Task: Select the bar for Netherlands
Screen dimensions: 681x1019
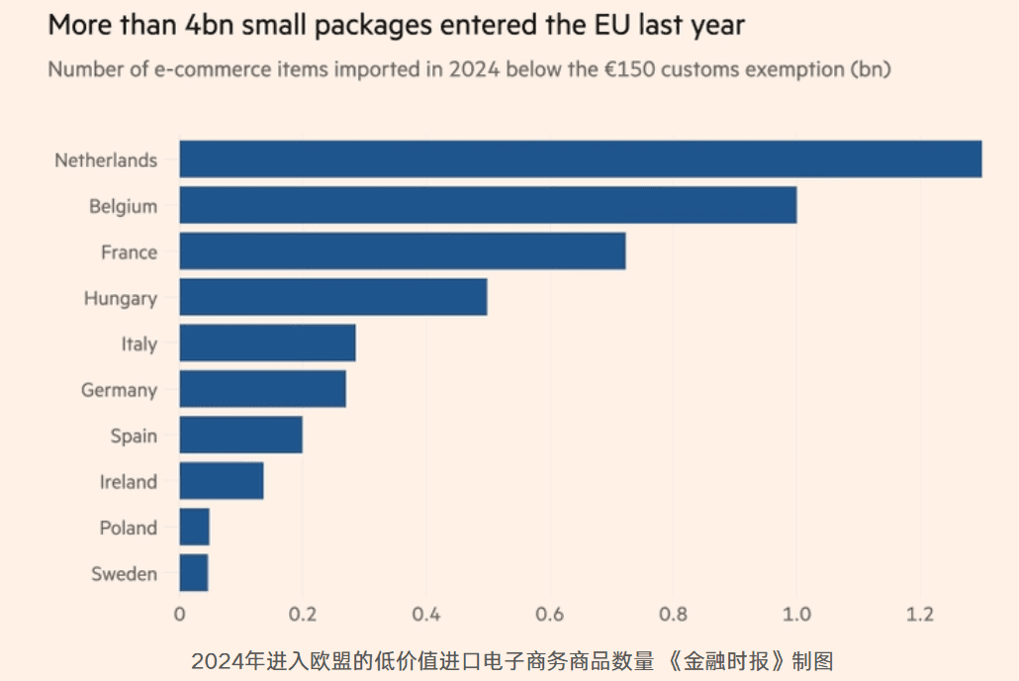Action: coord(581,159)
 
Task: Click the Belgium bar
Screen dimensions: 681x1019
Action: coord(488,206)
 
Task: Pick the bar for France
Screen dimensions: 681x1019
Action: coord(403,251)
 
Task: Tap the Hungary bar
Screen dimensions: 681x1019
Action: coord(333,298)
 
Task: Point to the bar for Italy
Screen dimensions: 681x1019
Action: coord(267,343)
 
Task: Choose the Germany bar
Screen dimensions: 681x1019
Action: coord(263,389)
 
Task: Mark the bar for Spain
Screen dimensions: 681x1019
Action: coord(240,436)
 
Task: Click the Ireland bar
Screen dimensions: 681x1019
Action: coord(222,481)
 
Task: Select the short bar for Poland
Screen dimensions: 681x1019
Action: coord(195,528)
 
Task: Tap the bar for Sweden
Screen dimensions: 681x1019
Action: coord(194,573)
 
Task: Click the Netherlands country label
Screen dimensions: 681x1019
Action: coord(106,160)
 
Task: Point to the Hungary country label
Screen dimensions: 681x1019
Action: coord(120,299)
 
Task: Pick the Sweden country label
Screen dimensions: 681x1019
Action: coord(124,574)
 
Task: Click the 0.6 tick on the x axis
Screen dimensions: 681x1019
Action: coord(549,614)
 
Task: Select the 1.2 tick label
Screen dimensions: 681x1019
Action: coord(920,614)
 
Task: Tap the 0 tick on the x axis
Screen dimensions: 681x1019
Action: coord(179,614)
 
